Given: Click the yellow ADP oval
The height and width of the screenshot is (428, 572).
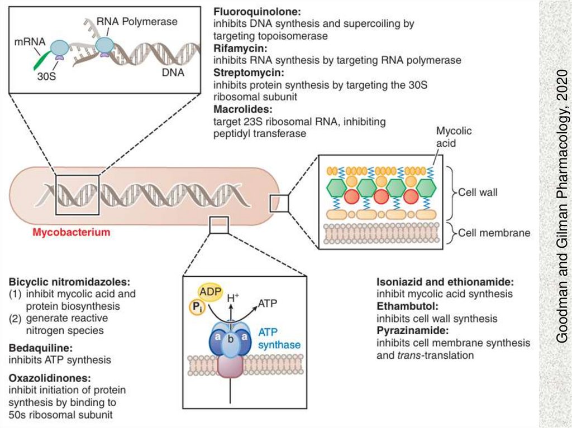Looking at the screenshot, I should tap(211, 292).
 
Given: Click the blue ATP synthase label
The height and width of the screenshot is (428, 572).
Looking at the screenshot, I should tap(279, 339).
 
